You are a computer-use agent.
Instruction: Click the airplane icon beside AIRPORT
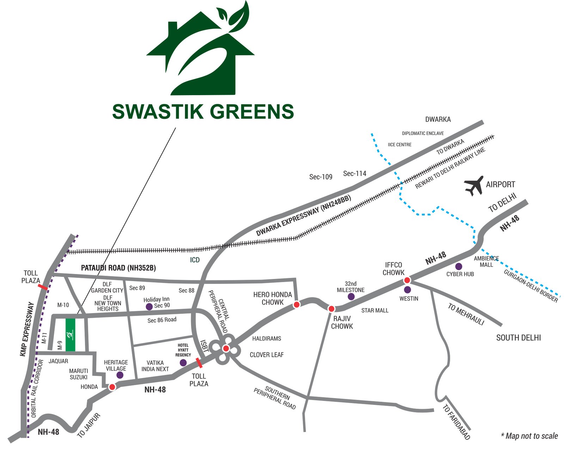(x=474, y=186)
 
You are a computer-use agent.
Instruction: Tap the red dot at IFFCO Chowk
(x=407, y=280)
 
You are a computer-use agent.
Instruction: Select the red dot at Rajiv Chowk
(x=331, y=309)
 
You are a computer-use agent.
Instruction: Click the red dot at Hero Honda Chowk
(x=297, y=304)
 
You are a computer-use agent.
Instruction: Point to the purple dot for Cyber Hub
(x=459, y=267)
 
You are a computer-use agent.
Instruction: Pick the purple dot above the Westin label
(x=407, y=290)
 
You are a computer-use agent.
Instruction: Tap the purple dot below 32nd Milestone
(x=351, y=297)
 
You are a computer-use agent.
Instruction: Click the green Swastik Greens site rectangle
(x=70, y=335)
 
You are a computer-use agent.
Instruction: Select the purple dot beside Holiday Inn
(x=149, y=306)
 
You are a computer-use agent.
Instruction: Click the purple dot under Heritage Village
(x=120, y=375)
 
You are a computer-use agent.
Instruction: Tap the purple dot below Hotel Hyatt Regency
(x=183, y=363)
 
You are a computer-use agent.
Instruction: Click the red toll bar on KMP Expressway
(x=43, y=287)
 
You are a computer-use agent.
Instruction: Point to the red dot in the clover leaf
(x=226, y=348)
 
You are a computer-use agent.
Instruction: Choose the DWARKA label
(x=438, y=120)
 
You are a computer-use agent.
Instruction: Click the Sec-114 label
(x=355, y=174)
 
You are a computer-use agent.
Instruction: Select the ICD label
(x=195, y=260)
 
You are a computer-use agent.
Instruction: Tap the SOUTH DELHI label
(x=519, y=338)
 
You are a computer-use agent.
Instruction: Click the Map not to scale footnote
(x=529, y=436)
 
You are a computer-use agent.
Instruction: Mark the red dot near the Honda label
(x=112, y=387)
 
